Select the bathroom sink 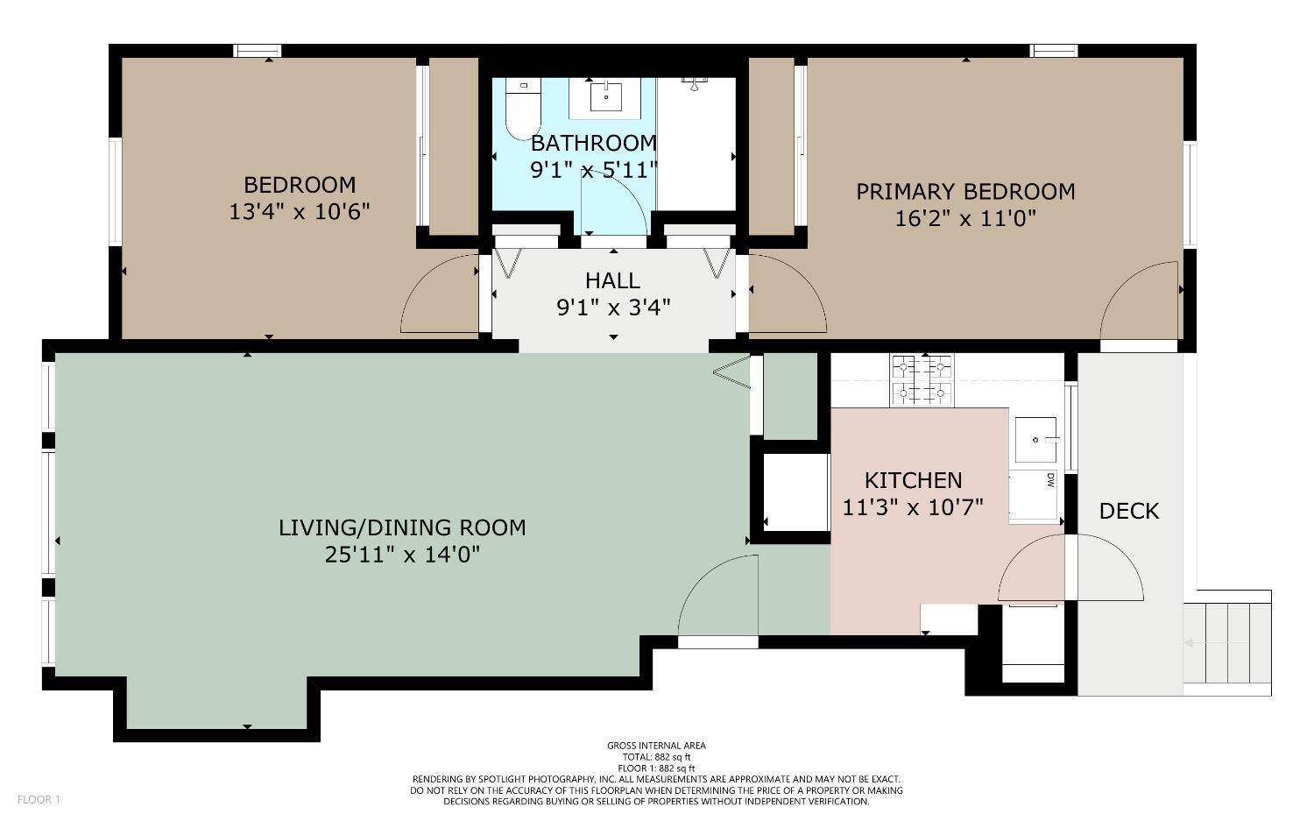coord(605,96)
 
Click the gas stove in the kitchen coord(922,380)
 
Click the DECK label coord(1128,511)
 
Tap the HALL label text coord(612,280)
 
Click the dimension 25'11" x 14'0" coord(402,555)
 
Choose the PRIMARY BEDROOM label coord(965,191)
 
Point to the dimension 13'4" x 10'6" coord(300,212)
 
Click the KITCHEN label coord(913,480)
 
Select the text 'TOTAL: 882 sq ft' coord(656,757)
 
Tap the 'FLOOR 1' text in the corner coord(39,799)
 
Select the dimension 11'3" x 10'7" coord(913,507)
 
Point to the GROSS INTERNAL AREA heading coord(656,746)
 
